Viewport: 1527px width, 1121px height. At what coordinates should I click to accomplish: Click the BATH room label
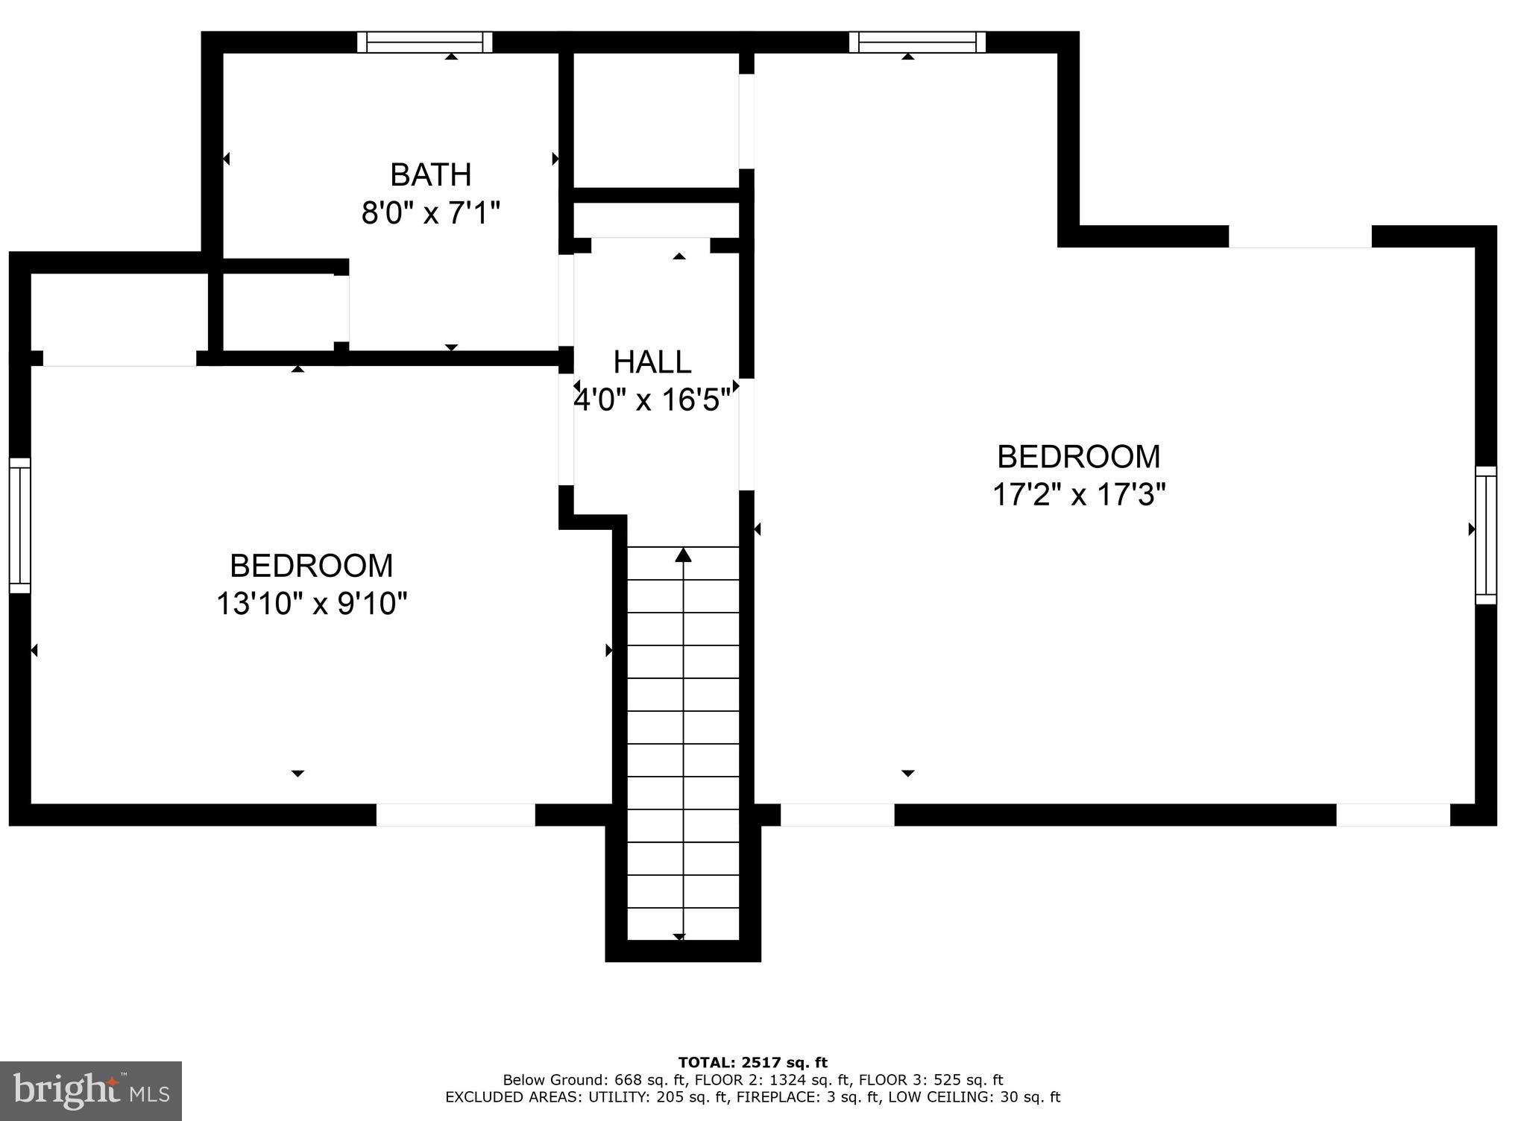[x=430, y=175]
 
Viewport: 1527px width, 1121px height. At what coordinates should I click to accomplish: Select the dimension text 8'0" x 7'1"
[x=430, y=214]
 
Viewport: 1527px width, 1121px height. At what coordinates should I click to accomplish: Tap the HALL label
[x=652, y=362]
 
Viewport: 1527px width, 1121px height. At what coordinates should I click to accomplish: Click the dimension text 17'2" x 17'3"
[x=1078, y=494]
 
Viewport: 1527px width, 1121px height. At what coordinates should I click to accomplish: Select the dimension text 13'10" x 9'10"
[x=312, y=604]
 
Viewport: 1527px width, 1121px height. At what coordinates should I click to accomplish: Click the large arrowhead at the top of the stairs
[x=683, y=555]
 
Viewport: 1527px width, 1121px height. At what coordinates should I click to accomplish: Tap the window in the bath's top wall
[x=425, y=42]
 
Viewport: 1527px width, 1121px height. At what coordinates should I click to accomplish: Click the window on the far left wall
[x=20, y=525]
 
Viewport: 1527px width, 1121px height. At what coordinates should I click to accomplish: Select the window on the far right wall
[x=1485, y=534]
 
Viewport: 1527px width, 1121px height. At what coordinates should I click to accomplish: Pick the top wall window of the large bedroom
[x=917, y=42]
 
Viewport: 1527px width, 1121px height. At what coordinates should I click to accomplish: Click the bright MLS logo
[x=91, y=1091]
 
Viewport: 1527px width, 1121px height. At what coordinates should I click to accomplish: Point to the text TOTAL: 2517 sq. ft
[x=752, y=1063]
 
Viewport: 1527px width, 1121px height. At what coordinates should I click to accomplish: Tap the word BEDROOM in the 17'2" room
[x=1078, y=456]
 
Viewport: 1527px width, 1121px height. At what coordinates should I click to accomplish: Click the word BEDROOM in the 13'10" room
[x=312, y=566]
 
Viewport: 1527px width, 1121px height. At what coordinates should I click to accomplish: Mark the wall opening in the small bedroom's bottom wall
[x=456, y=815]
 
